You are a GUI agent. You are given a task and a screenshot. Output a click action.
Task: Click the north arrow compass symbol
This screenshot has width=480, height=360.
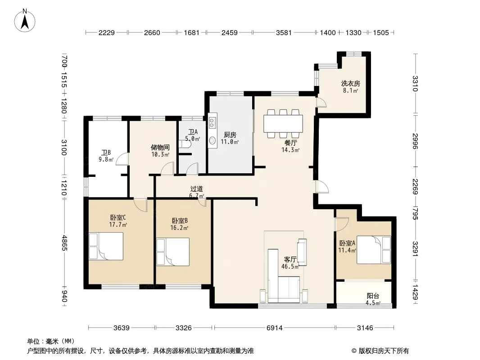click(x=25, y=21)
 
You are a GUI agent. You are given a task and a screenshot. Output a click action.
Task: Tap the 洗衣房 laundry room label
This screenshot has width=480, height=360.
click(x=350, y=83)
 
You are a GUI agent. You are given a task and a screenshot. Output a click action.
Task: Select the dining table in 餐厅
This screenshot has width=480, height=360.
click(x=283, y=124)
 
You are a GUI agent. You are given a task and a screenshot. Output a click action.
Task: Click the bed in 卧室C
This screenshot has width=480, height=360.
click(x=106, y=246)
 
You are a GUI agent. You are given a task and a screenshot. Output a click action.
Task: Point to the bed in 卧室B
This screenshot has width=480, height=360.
click(x=172, y=252)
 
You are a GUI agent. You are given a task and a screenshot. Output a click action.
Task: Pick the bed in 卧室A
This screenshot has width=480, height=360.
click(x=374, y=250)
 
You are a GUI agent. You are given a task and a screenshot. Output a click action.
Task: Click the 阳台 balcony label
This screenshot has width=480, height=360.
click(x=373, y=296)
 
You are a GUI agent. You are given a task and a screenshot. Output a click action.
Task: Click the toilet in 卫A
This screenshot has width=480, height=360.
click(x=185, y=144)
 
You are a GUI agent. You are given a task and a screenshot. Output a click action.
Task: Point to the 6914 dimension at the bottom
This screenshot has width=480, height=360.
click(x=274, y=328)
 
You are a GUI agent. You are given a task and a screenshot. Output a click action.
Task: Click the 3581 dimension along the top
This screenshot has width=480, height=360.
click(x=284, y=32)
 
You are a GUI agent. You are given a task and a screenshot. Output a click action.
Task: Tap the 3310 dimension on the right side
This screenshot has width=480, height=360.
click(x=415, y=84)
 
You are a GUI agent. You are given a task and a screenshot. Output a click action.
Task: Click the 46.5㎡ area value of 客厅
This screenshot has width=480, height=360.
click(x=290, y=266)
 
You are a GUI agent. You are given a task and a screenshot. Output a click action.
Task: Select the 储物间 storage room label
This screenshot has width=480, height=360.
click(x=160, y=148)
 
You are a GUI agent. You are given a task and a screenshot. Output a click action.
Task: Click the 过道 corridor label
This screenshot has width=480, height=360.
click(x=196, y=189)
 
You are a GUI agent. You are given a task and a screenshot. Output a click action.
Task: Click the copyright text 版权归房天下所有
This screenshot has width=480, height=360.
click(x=383, y=351)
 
